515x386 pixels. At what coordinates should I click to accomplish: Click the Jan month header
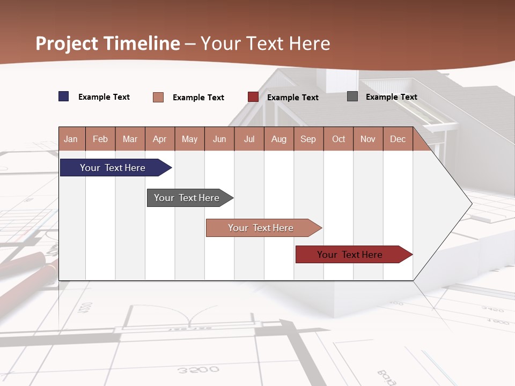[71, 139]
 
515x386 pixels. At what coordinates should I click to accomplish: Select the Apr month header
[160, 139]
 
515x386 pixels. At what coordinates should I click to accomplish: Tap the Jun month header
[219, 139]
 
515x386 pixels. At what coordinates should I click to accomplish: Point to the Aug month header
[279, 139]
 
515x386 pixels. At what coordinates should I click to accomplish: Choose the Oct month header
[339, 139]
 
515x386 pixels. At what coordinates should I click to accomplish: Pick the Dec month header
[398, 139]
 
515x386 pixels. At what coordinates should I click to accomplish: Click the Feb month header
[100, 139]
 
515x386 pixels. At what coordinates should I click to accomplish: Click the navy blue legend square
[64, 96]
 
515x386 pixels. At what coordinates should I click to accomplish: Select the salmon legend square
[158, 97]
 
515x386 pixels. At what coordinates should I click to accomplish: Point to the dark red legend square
[253, 97]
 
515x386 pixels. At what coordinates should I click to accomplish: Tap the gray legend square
[352, 96]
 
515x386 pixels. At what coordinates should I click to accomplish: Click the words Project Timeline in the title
[108, 43]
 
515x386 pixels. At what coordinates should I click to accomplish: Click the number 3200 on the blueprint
[198, 370]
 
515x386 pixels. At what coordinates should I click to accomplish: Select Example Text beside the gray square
[392, 97]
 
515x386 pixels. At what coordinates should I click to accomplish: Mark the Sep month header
[308, 139]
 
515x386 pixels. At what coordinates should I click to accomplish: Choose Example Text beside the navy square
[104, 97]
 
